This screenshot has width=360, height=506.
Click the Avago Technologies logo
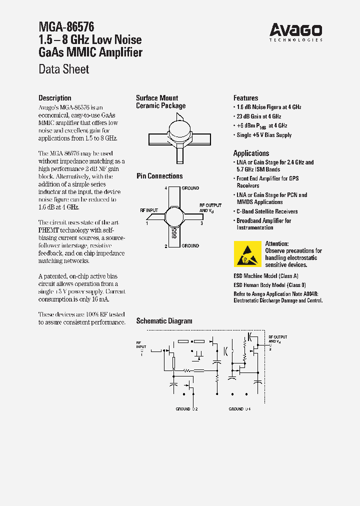click(x=296, y=31)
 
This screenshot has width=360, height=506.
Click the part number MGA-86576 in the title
click(x=66, y=26)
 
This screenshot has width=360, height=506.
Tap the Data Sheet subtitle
click(x=64, y=69)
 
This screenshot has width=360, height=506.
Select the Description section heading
click(x=55, y=98)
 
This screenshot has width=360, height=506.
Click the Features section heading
click(x=245, y=98)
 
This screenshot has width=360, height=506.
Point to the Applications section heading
click(x=251, y=153)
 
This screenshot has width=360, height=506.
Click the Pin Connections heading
click(x=159, y=176)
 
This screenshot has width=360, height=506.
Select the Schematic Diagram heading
click(x=164, y=321)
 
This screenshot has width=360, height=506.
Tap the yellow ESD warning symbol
click(x=247, y=253)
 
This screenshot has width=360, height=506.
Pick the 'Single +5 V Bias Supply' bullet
click(x=264, y=135)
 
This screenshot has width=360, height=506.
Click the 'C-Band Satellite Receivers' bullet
click(x=267, y=211)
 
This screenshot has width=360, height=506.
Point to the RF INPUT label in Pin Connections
click(x=148, y=210)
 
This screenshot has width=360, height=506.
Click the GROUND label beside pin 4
click(x=190, y=188)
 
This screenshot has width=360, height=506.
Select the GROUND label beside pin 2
click(x=190, y=245)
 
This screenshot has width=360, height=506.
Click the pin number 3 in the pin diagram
click(x=201, y=223)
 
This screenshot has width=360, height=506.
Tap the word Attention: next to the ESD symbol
click(x=276, y=243)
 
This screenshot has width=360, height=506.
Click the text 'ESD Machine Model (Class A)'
click(x=266, y=276)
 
